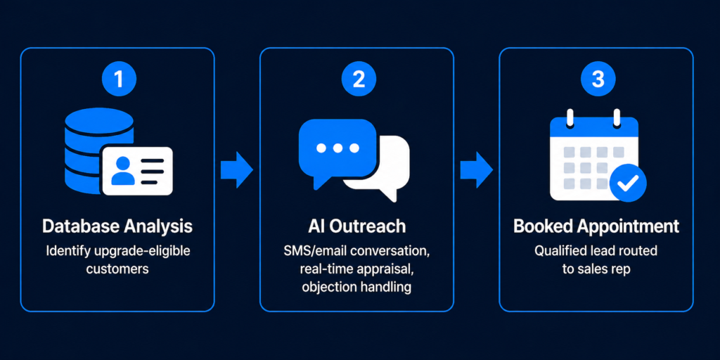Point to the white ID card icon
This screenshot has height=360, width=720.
136,171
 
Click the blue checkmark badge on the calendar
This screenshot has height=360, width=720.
627,183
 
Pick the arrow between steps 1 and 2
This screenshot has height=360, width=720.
237,169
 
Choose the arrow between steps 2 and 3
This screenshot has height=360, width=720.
477,169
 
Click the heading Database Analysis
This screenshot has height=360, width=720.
117,226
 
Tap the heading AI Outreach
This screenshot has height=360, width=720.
358,226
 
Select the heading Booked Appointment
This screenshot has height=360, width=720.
596,226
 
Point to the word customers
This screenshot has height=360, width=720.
117,269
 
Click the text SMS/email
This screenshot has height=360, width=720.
310,251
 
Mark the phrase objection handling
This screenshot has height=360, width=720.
356,286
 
